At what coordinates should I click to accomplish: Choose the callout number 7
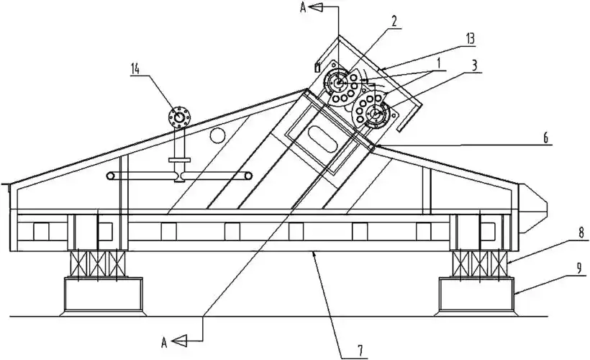[x=354, y=351]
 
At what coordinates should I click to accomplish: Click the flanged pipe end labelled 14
[x=177, y=116]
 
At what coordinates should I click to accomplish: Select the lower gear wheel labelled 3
[x=375, y=114]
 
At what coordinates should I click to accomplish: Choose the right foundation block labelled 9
[x=477, y=294]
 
